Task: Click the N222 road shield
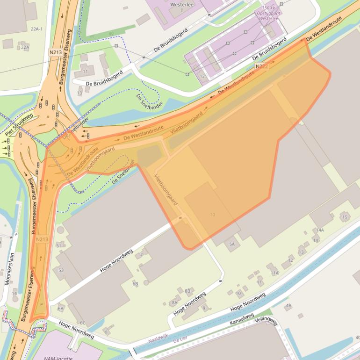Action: coord(262,67)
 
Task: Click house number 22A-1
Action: coord(36,29)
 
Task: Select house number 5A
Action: coord(231,244)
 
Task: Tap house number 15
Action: coord(345,217)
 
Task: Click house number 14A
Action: coord(320,230)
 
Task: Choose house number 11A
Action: coord(274,273)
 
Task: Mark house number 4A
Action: coord(288,306)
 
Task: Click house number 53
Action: coord(61,270)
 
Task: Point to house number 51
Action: coord(58,245)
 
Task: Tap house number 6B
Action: coord(135,283)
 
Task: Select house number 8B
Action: coord(187,291)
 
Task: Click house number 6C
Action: coord(82,323)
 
